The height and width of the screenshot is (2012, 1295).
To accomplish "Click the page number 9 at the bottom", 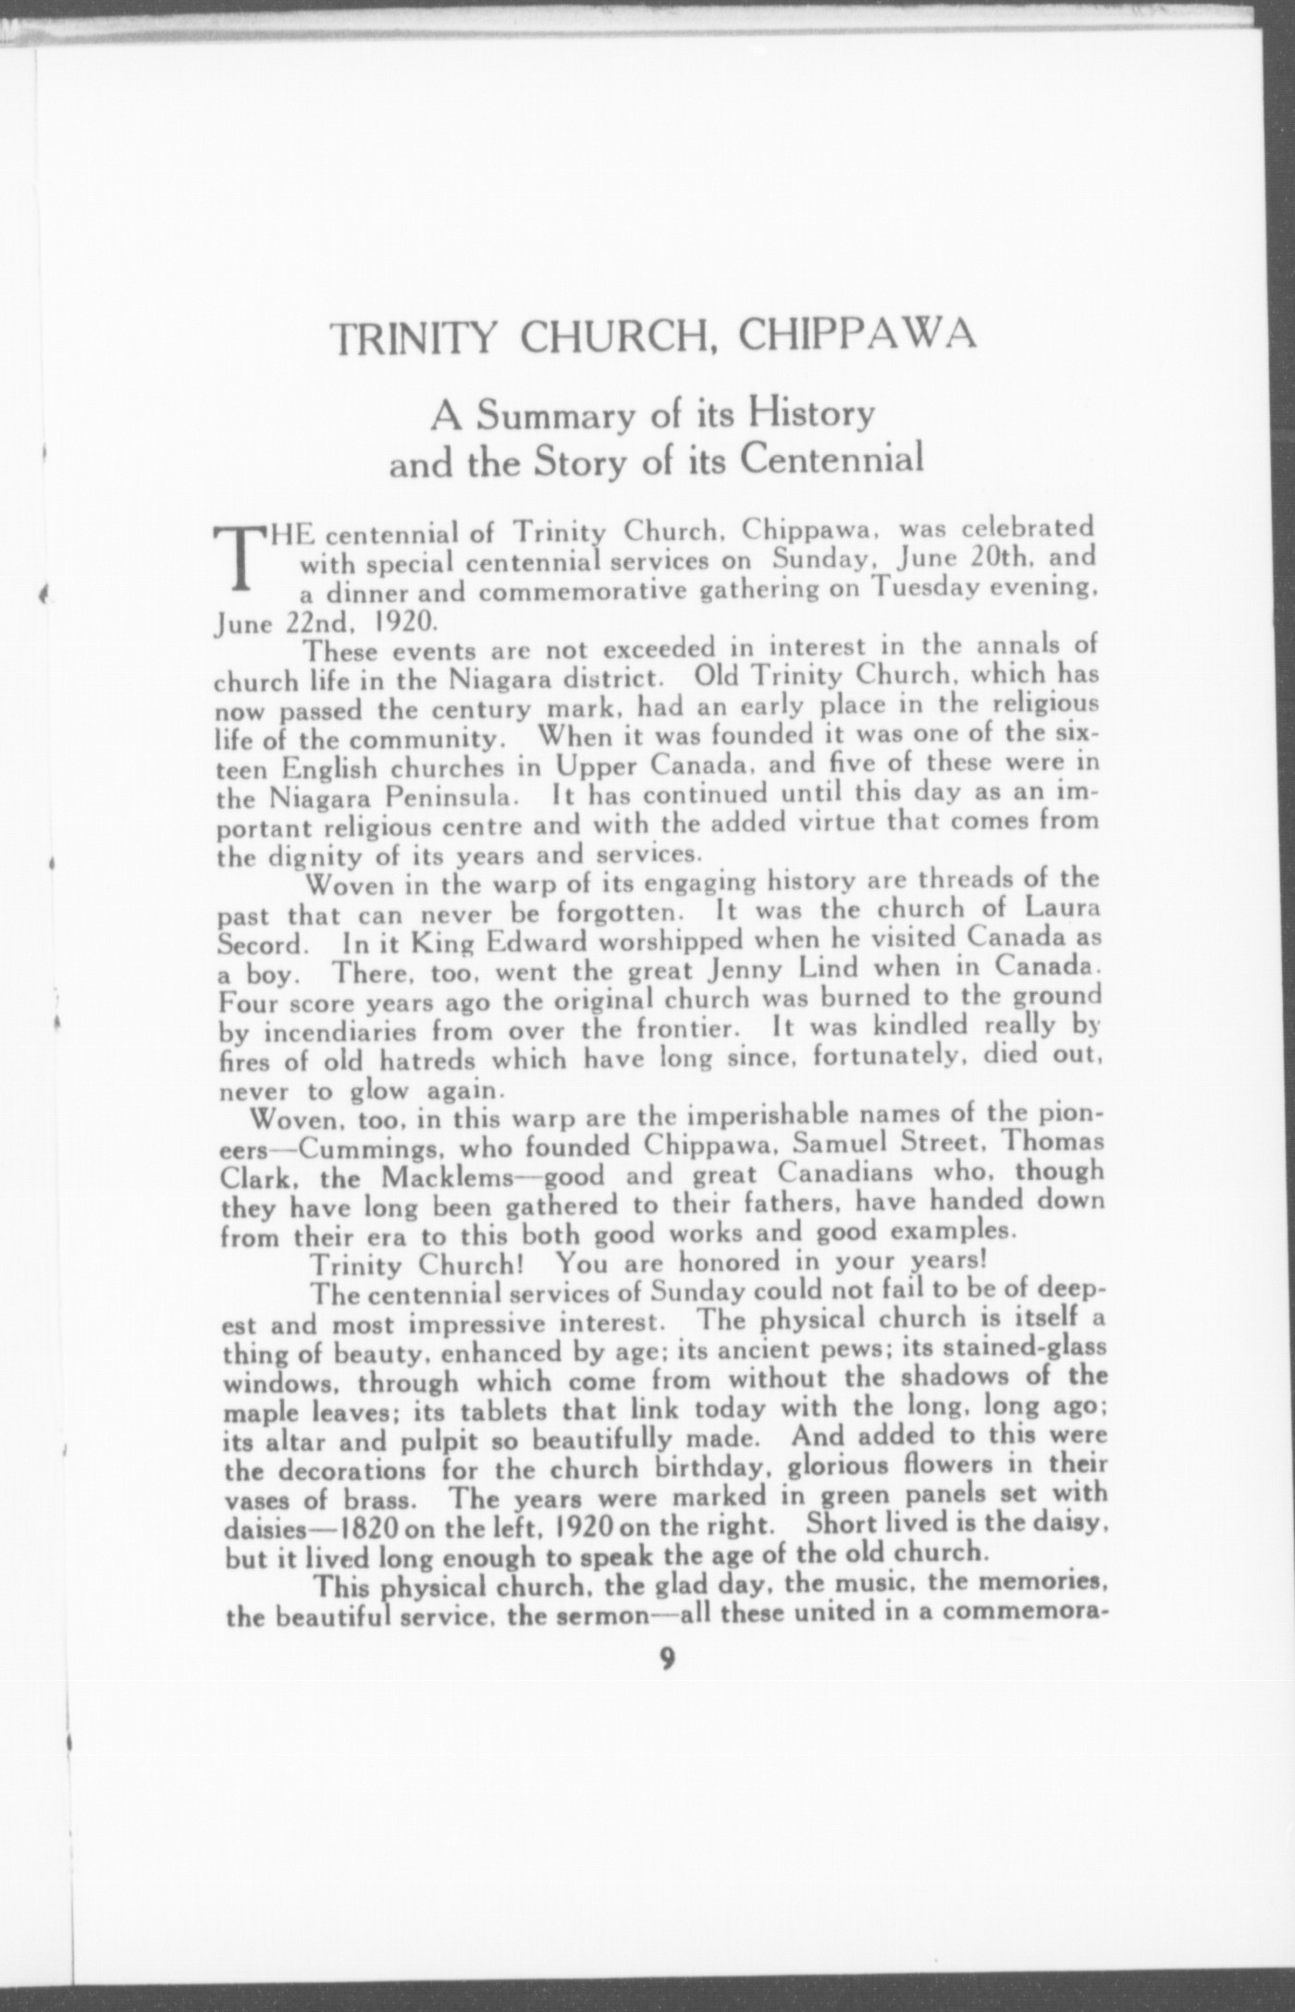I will [668, 1658].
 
